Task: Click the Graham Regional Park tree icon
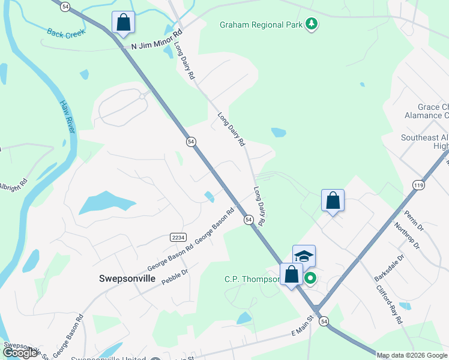[x=312, y=24]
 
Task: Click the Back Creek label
[x=67, y=34]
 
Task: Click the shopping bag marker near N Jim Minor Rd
[x=123, y=23]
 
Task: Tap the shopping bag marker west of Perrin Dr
[x=333, y=200]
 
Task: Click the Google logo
[x=20, y=353]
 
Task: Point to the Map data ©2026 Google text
[x=412, y=355]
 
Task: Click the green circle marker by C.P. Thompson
[x=310, y=278]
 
